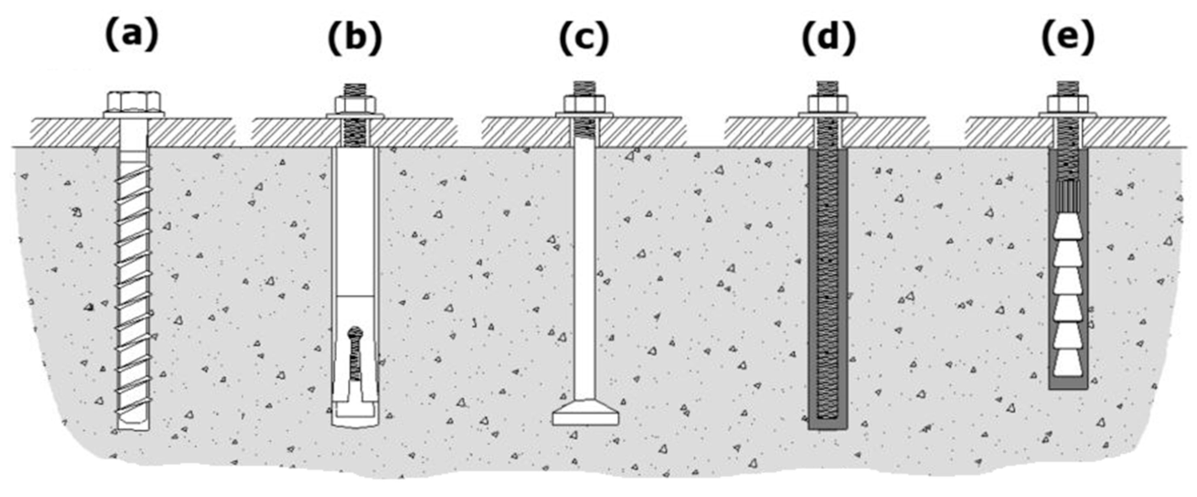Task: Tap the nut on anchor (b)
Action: [x=355, y=105]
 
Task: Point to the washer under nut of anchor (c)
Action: [x=584, y=114]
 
